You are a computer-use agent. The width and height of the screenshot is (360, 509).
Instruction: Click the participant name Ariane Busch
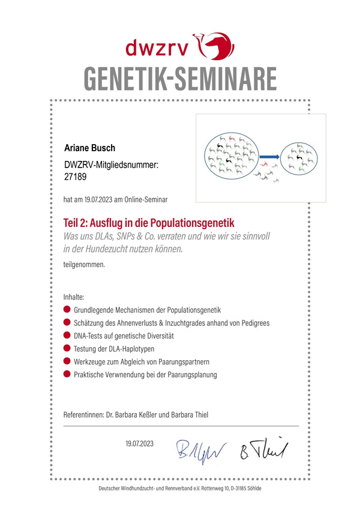point(90,148)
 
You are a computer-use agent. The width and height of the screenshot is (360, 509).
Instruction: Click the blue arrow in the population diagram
point(269,157)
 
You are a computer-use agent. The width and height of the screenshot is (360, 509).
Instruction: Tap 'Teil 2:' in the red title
point(78,222)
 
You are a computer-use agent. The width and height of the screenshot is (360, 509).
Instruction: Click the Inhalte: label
point(74,297)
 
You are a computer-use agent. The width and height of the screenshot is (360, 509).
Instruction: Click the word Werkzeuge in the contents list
point(91,362)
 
